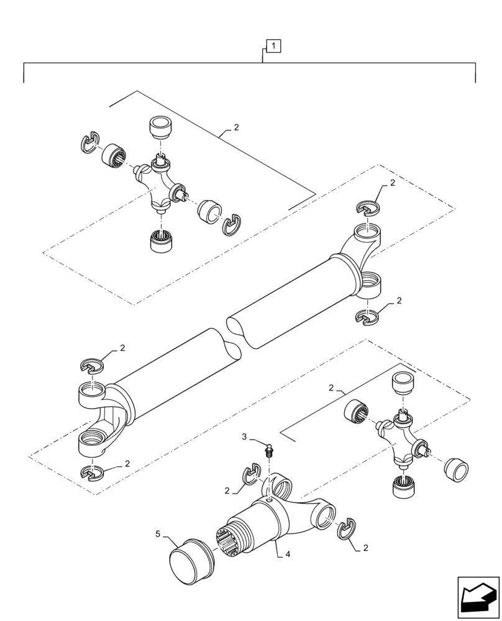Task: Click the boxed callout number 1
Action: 274,45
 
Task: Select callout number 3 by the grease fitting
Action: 245,438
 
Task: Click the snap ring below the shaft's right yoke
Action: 367,316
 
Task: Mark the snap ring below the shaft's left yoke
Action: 93,473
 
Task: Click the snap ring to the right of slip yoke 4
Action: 345,528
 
